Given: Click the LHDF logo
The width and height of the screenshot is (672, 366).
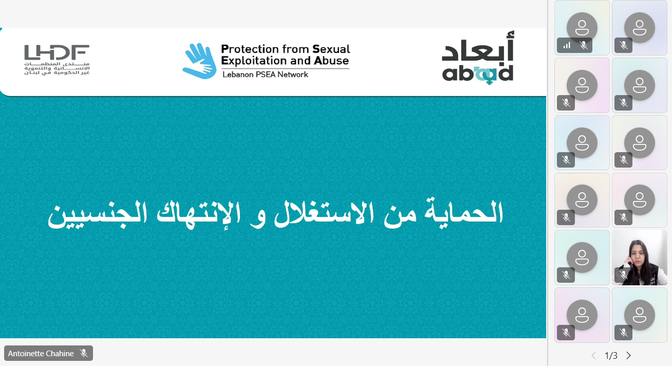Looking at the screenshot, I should point(57,60).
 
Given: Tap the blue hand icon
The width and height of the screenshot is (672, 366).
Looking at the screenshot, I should point(199,61).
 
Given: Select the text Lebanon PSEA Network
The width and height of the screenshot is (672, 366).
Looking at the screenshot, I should point(265,75).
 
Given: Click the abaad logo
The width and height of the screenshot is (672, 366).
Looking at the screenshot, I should point(477,60).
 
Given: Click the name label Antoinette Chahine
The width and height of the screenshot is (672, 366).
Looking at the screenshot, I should point(41,354).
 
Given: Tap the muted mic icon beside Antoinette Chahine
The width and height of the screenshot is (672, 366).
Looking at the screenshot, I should point(84,354).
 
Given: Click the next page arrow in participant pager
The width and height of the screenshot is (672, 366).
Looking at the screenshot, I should point(628,356).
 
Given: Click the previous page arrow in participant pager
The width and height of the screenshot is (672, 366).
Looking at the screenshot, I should point(594,356).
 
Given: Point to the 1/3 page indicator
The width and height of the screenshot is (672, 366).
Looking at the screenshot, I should point(611,356).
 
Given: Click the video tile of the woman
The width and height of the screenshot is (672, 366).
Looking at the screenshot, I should point(640,258).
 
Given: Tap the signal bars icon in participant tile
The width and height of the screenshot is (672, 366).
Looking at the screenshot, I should point(567,45).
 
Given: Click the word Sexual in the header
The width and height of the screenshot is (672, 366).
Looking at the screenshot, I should point(331,49).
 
